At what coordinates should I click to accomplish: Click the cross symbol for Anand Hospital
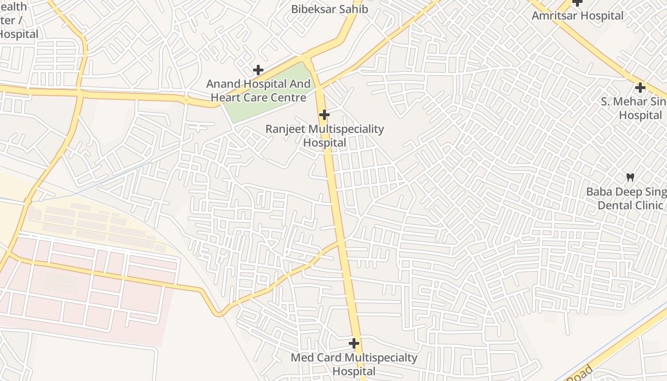point(258,70)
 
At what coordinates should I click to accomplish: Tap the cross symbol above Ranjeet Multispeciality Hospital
point(324,115)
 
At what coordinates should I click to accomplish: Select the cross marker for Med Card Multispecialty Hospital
point(354,343)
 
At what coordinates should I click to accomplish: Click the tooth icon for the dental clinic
point(630,177)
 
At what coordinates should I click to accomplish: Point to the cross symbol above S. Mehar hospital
point(640,88)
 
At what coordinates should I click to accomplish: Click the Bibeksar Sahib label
point(329,9)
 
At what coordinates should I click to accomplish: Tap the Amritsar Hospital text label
point(577,16)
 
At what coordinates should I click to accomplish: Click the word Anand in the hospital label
point(223,84)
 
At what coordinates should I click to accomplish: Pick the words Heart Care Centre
point(258,98)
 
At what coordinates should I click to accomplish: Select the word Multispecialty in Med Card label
point(381,358)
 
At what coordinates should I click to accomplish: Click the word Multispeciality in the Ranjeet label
point(346,129)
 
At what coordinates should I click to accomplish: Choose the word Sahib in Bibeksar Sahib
point(353,9)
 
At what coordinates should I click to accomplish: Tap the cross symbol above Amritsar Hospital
point(577,2)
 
